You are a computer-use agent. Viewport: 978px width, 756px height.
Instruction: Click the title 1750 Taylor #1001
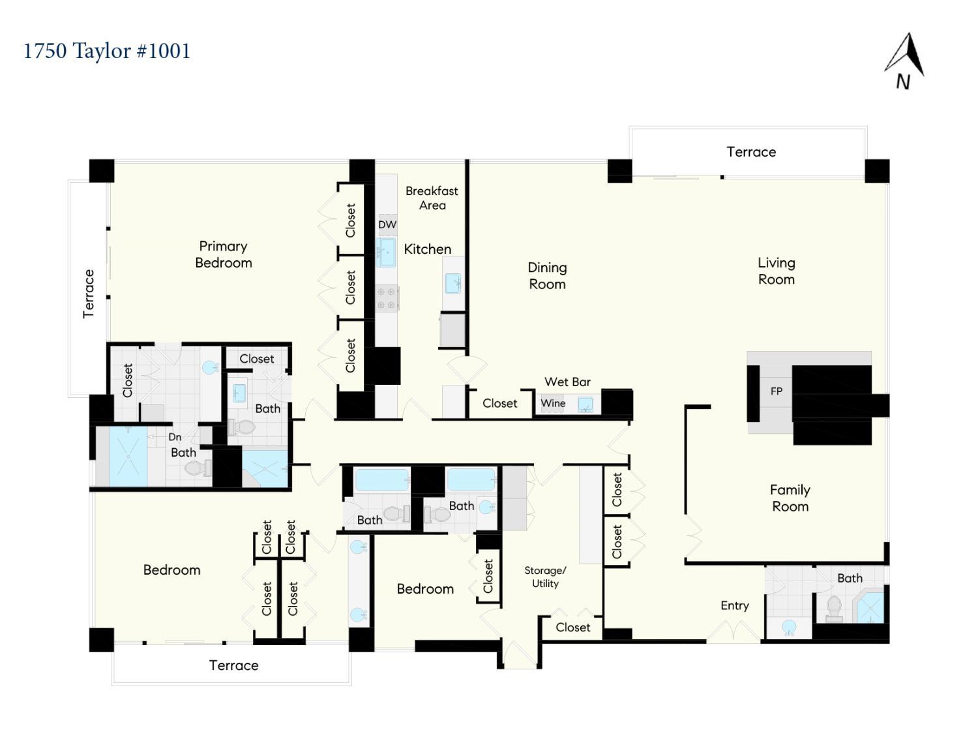coord(107,51)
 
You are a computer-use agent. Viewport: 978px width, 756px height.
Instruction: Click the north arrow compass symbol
coord(904,61)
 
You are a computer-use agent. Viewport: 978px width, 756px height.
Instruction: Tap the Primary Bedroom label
coord(224,254)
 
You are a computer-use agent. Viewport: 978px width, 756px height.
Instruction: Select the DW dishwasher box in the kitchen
coord(387,224)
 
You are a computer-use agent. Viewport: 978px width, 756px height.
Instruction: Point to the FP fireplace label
coord(776,391)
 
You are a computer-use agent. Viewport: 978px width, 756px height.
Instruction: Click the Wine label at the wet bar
coord(553,403)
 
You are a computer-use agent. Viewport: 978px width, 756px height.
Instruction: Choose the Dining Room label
coord(547,275)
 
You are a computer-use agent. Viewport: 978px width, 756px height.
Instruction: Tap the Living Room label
coord(777,271)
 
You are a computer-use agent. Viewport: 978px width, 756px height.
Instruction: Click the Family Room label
coord(790,498)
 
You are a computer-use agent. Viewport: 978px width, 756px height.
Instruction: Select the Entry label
coord(735,606)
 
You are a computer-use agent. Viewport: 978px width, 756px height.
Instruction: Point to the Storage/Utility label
coord(545,577)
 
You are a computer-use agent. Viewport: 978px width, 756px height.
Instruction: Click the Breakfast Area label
coord(432,198)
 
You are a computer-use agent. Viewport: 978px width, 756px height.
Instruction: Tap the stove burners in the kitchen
coord(387,299)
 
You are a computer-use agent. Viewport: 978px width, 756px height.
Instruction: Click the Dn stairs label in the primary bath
coord(175,437)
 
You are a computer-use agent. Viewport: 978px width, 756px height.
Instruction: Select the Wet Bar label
coord(567,382)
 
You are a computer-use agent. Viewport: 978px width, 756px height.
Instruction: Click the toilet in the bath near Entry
coord(834,609)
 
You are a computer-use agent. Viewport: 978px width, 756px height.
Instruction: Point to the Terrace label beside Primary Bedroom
coord(88,294)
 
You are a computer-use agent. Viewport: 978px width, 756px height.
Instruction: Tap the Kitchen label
coord(427,249)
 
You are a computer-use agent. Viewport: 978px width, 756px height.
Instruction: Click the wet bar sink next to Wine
coord(585,405)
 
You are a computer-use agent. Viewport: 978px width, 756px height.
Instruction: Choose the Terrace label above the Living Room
coord(751,152)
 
